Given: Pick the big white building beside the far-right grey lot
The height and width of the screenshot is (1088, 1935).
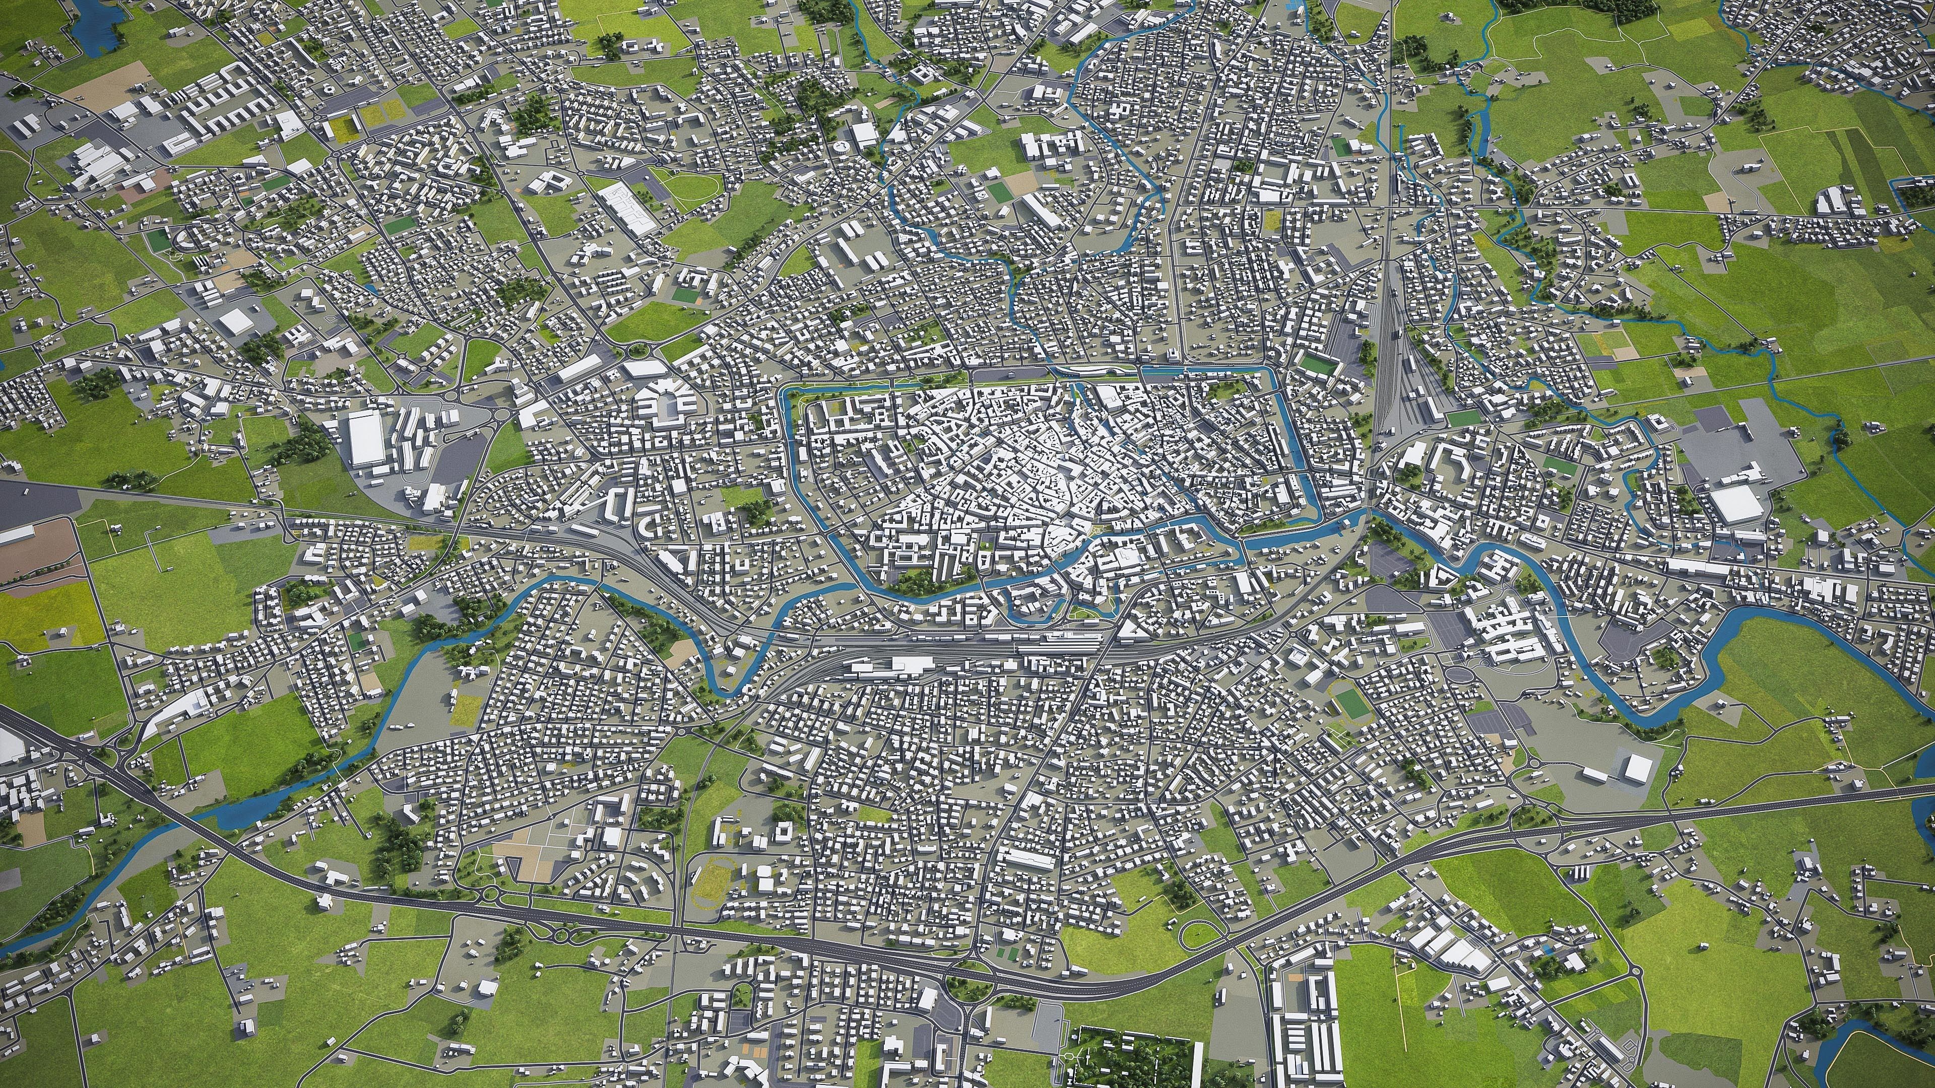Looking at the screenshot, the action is (1735, 504).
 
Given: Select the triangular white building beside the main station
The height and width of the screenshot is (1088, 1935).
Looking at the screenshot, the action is (1128, 635).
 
